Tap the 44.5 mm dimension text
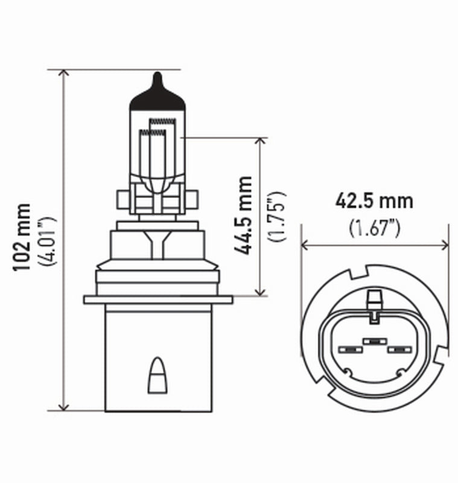click(244, 215)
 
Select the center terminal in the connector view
click(375, 342)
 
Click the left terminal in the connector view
click(349, 350)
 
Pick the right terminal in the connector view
click(399, 350)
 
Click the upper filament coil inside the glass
click(161, 123)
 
